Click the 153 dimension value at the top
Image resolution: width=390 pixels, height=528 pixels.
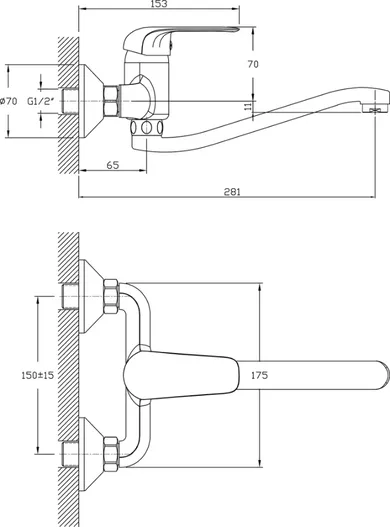159,4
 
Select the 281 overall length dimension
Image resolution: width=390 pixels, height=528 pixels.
232,192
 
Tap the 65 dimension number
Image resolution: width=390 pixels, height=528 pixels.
113,165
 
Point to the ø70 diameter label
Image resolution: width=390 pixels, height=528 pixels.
8,101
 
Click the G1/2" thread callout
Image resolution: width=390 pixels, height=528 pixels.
40,101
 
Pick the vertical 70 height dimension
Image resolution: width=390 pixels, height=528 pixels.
253,64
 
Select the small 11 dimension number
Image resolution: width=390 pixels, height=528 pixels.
248,106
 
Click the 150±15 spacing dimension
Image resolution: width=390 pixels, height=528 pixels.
37,375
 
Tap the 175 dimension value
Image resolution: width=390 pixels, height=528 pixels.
259,375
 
